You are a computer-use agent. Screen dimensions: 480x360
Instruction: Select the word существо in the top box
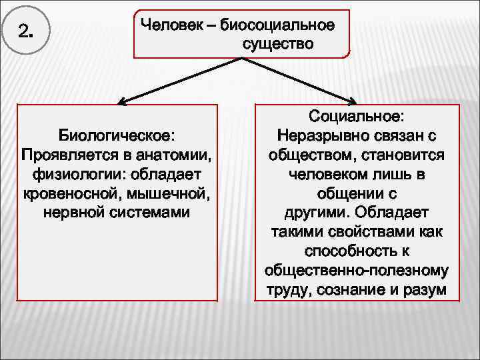click(273, 45)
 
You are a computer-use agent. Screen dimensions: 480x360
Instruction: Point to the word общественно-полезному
click(356, 271)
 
